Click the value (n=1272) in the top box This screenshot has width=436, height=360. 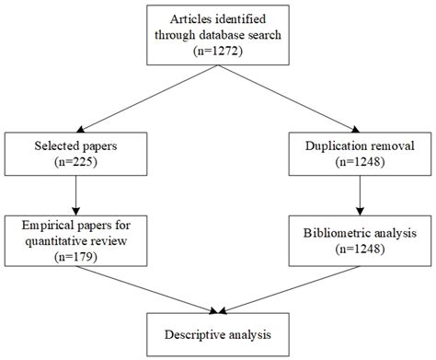click(x=218, y=53)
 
